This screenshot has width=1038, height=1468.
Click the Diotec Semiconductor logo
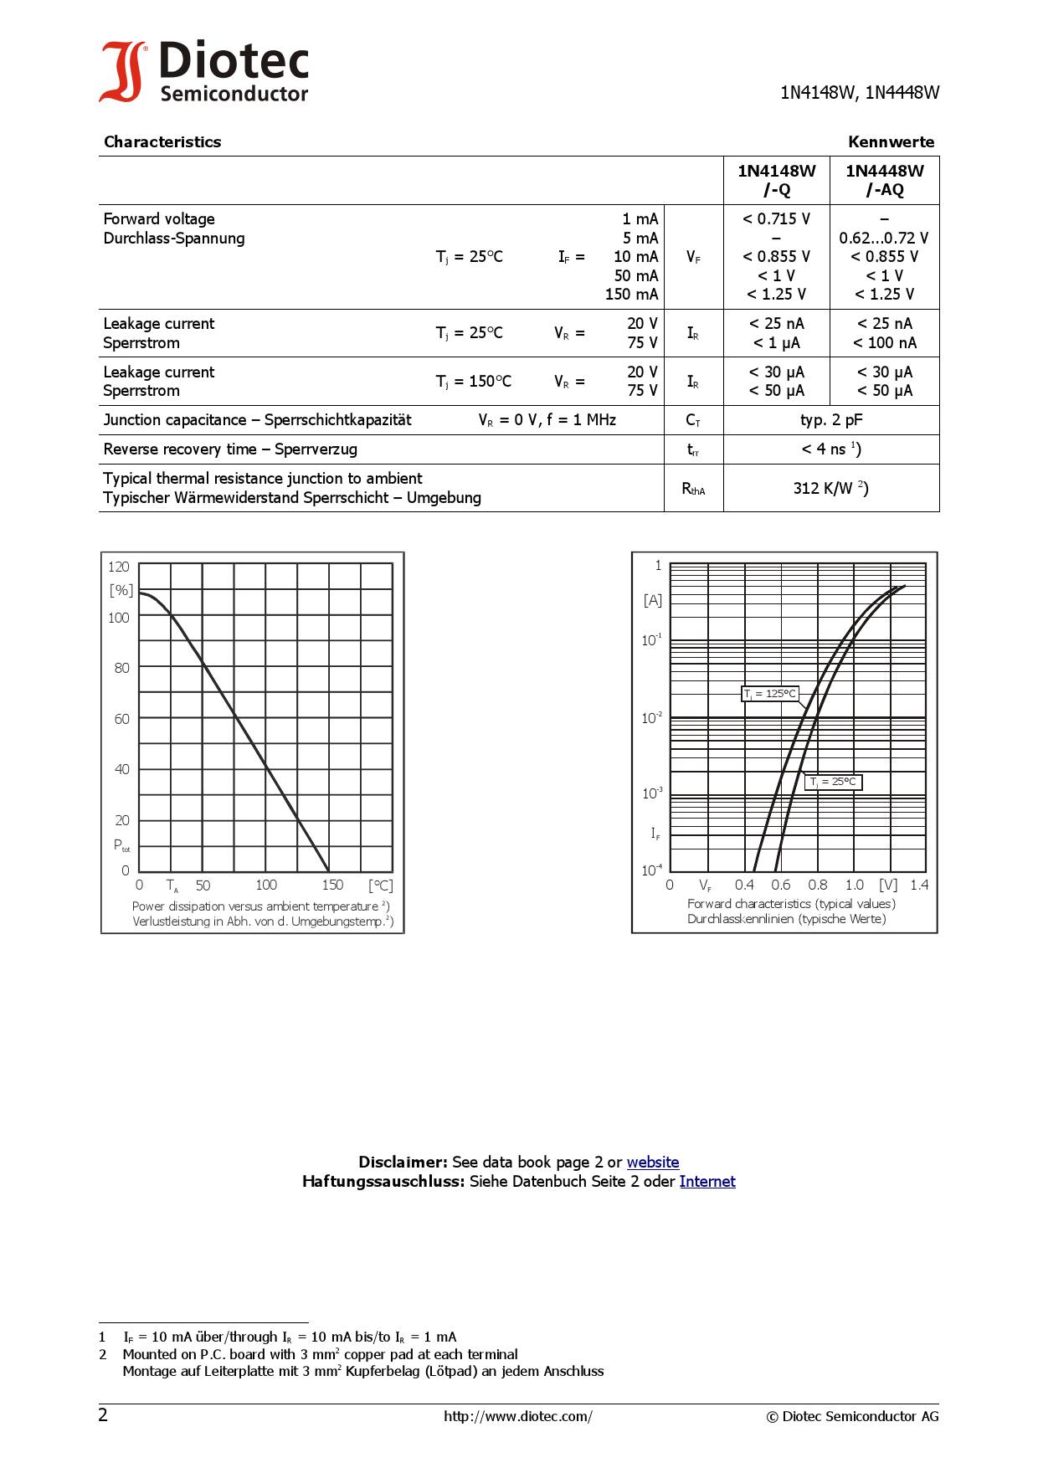204,72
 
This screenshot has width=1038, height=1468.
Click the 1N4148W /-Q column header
776,180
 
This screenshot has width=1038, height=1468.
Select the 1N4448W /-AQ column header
884,180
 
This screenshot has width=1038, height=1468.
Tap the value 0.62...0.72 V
884,238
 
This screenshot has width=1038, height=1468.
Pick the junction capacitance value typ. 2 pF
830,420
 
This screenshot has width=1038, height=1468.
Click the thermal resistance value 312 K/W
830,488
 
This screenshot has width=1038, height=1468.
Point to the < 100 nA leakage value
884,342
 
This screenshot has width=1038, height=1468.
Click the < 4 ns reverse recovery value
830,449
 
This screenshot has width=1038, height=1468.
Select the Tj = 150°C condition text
473,382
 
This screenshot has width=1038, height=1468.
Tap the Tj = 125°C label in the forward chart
770,693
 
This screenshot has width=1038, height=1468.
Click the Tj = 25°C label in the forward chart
833,782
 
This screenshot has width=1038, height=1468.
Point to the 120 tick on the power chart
119,567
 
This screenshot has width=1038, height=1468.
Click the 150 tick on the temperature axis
332,885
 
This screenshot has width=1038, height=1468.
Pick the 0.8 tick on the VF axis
817,885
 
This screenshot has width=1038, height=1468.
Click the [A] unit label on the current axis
653,600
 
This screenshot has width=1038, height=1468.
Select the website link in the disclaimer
652,1162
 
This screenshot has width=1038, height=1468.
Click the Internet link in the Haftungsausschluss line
707,1181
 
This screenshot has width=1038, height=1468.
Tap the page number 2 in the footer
103,1415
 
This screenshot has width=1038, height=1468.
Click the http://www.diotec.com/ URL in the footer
518,1416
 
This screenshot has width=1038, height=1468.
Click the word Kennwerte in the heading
891,141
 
